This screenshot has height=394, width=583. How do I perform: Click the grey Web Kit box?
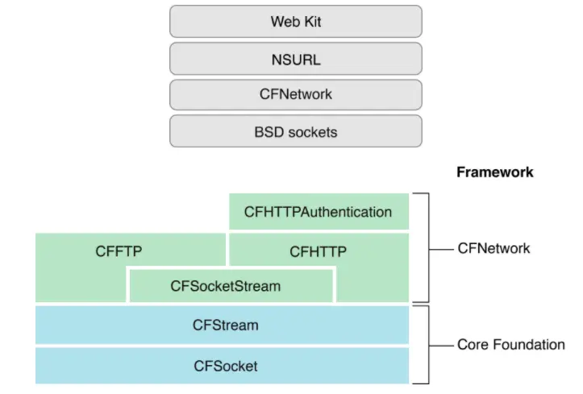click(x=295, y=21)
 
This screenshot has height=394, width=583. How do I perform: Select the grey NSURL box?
click(x=295, y=58)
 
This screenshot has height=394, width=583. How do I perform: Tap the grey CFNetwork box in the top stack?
click(x=295, y=94)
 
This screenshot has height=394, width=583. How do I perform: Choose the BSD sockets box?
click(x=295, y=131)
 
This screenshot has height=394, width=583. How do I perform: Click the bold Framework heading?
click(x=494, y=172)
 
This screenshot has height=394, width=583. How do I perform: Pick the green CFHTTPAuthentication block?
click(x=318, y=213)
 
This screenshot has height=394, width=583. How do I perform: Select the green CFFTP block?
click(x=119, y=251)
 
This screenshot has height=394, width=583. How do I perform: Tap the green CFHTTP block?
click(x=318, y=251)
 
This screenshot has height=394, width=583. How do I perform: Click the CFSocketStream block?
click(x=231, y=285)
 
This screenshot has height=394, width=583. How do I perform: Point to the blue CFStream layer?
click(x=225, y=326)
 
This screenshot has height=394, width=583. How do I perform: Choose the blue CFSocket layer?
click(x=225, y=366)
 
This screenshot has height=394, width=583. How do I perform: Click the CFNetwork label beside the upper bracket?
click(x=493, y=248)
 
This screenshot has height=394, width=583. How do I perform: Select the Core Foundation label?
click(x=510, y=345)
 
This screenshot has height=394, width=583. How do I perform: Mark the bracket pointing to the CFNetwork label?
click(x=427, y=247)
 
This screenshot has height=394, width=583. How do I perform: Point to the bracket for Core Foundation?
click(x=427, y=345)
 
